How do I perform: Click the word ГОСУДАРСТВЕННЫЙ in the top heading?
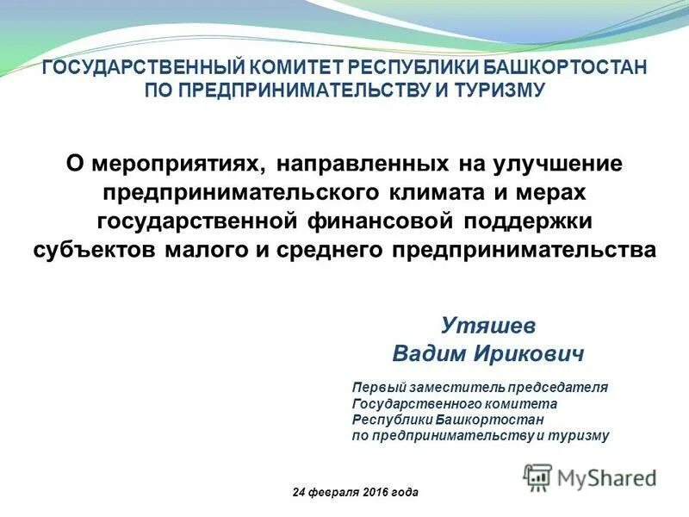145,69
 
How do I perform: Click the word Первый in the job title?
376,388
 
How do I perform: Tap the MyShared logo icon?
537,477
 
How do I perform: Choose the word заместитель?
454,388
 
